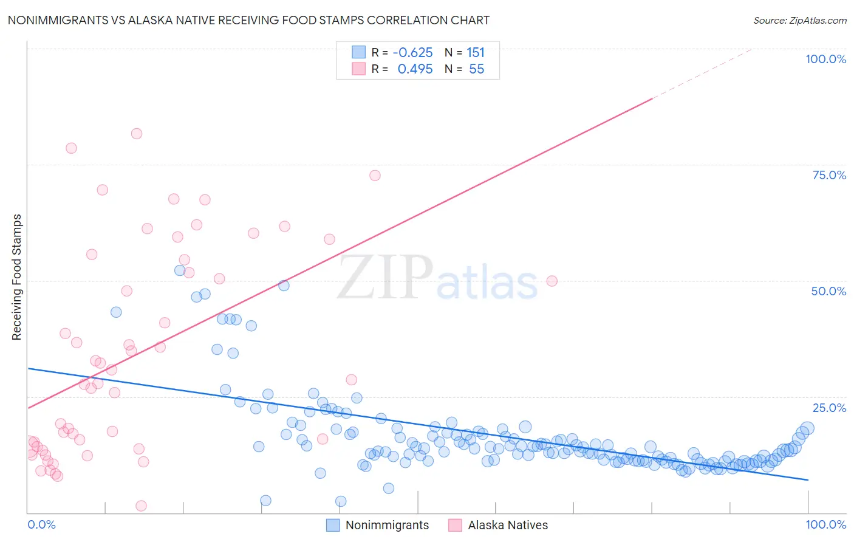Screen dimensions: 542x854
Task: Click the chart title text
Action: click(248, 20)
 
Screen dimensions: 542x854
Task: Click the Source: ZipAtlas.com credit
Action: click(799, 20)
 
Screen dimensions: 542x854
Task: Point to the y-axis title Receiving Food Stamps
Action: click(17, 277)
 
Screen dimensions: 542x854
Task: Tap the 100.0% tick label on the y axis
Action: click(825, 59)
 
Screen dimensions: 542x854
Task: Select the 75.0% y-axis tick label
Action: click(829, 175)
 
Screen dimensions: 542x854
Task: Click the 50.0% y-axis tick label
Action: click(828, 291)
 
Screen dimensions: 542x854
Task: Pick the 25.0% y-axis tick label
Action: click(829, 408)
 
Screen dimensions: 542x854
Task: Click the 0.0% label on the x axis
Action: click(41, 524)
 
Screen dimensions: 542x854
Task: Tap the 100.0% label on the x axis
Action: click(825, 524)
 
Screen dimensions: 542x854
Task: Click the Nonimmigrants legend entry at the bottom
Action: click(386, 525)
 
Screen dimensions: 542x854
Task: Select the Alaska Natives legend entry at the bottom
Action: click(507, 525)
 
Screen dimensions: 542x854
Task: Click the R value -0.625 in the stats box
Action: click(412, 52)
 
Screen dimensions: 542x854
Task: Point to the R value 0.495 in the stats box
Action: click(415, 69)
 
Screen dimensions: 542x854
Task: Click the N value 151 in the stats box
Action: click(476, 52)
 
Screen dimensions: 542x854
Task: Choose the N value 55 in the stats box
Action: click(476, 69)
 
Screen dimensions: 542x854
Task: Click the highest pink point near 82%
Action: click(137, 134)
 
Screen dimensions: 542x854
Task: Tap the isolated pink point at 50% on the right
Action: click(552, 281)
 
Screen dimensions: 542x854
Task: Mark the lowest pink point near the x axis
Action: click(141, 506)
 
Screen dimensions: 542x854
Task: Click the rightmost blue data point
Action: click(807, 428)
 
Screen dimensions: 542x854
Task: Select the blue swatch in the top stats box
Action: click(359, 52)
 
